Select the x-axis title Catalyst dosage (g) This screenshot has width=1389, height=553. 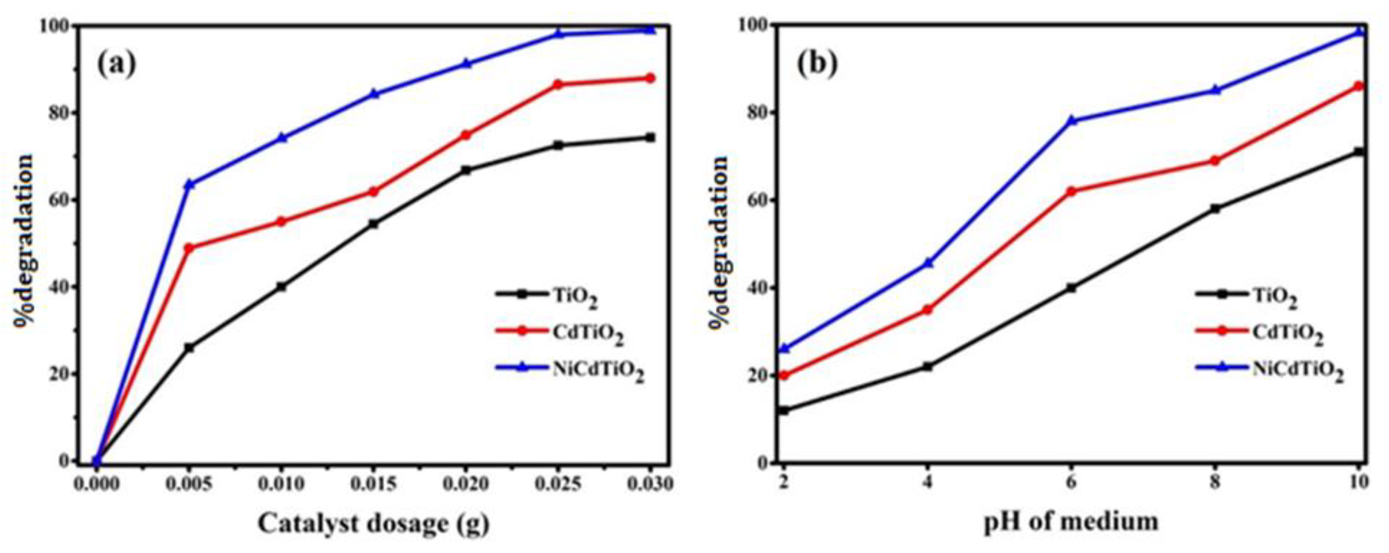[x=374, y=524]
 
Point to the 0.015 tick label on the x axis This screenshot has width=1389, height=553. [x=374, y=484]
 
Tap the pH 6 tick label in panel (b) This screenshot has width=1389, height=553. [x=1071, y=482]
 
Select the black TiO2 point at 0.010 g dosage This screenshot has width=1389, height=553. [x=281, y=287]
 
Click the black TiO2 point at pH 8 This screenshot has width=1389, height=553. [x=1215, y=208]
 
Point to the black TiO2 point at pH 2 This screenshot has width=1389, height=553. [x=784, y=411]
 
